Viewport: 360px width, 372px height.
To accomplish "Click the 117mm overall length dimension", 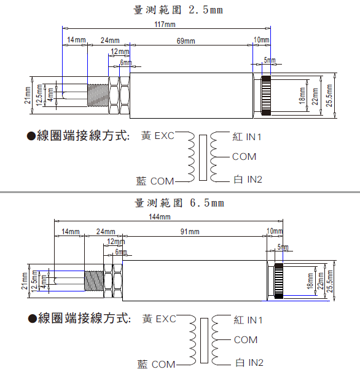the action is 165,25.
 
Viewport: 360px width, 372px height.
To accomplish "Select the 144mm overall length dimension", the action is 160,217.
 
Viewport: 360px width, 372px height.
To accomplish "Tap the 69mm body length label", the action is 186,41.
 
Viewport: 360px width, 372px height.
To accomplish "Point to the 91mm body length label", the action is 190,232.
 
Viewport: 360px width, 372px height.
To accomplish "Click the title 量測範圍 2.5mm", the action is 178,10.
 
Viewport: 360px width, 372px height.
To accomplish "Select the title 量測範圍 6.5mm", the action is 179,203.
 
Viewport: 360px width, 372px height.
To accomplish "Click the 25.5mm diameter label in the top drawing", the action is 329,95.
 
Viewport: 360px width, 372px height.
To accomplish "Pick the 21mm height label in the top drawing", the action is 28,95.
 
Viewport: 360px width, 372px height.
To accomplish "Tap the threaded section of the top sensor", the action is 98,95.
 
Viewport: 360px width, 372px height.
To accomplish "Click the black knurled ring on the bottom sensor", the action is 279,280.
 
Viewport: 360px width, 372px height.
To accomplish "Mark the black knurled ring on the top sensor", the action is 266,95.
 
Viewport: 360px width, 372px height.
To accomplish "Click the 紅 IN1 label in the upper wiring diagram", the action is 247,137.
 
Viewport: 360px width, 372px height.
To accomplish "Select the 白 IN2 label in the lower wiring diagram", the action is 249,363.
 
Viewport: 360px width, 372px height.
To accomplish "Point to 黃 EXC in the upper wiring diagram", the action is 158,136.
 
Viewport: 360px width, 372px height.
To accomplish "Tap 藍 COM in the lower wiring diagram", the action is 156,364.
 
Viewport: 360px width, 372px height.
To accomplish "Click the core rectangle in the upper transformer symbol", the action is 203,157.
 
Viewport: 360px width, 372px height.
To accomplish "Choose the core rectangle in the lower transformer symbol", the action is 205,341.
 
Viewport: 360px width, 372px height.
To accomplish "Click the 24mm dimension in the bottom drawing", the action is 106,232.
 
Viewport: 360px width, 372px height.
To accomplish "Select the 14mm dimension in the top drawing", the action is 76,40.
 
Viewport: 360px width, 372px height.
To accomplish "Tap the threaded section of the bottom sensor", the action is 94,280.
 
